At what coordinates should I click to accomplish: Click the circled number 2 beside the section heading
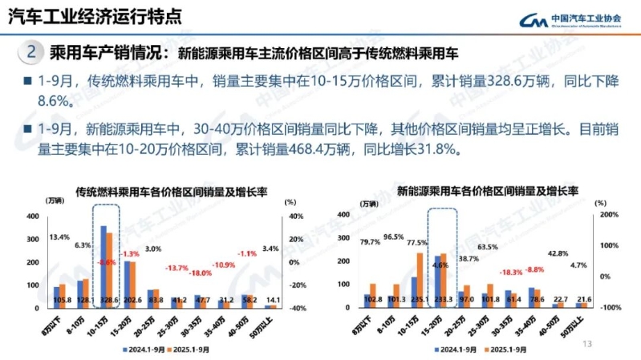point(30,53)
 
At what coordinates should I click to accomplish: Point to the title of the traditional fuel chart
point(170,192)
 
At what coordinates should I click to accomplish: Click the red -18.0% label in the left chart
point(201,273)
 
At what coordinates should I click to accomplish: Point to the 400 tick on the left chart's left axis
point(31,216)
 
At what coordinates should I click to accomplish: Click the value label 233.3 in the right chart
point(441,300)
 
